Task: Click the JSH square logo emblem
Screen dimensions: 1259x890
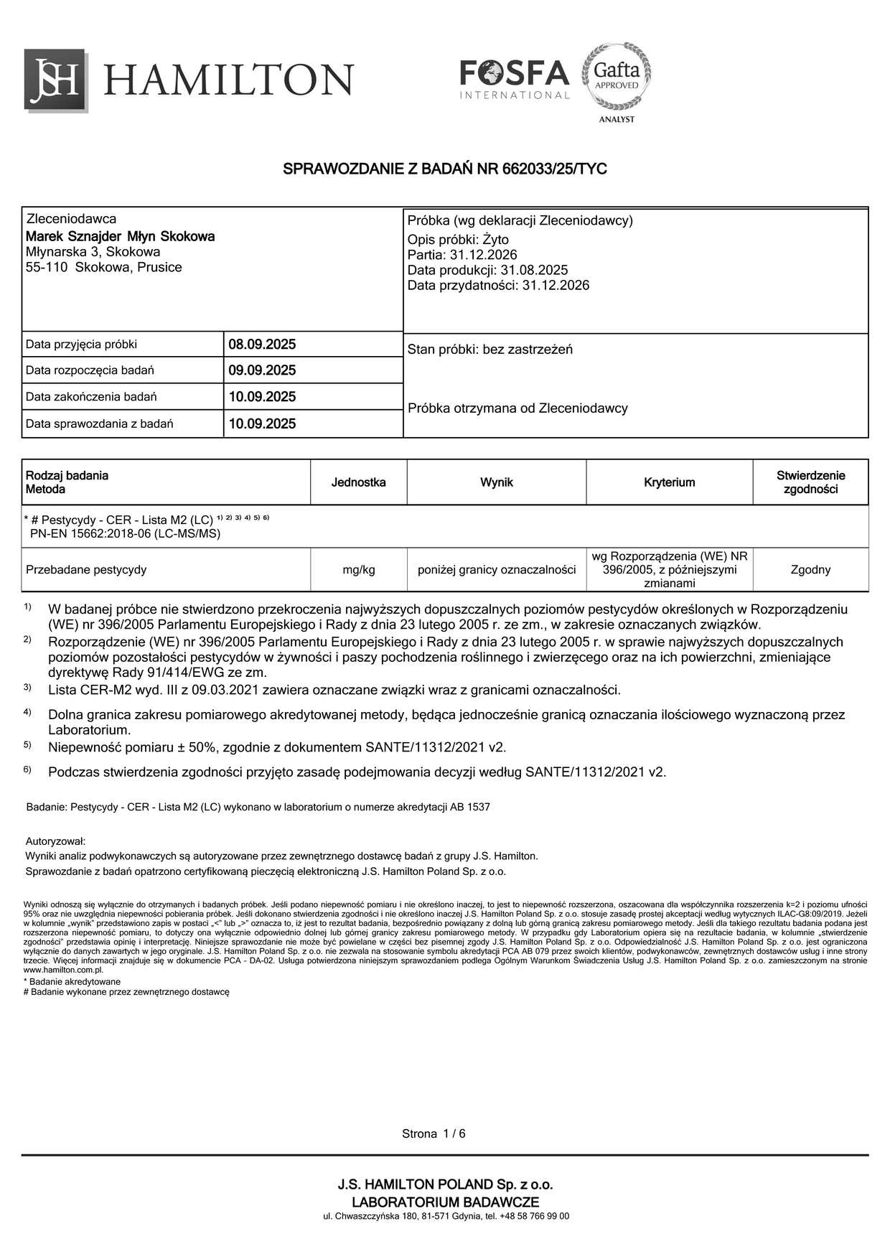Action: [57, 80]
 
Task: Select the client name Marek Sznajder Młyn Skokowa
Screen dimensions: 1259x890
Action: [120, 236]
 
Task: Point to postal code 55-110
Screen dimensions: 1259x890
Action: [47, 268]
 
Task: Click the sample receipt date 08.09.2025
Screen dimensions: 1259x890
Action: [262, 345]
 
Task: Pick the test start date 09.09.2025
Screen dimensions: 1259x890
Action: [262, 371]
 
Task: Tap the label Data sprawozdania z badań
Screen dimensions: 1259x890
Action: [100, 424]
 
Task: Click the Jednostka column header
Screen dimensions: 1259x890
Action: [358, 482]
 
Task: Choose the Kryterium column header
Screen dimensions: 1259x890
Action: [669, 482]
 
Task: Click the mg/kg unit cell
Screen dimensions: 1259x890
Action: [359, 570]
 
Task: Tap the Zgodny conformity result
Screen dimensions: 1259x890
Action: [810, 570]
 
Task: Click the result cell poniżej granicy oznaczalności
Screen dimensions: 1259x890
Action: [497, 570]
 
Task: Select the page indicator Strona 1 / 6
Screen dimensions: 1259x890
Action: [434, 1134]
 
